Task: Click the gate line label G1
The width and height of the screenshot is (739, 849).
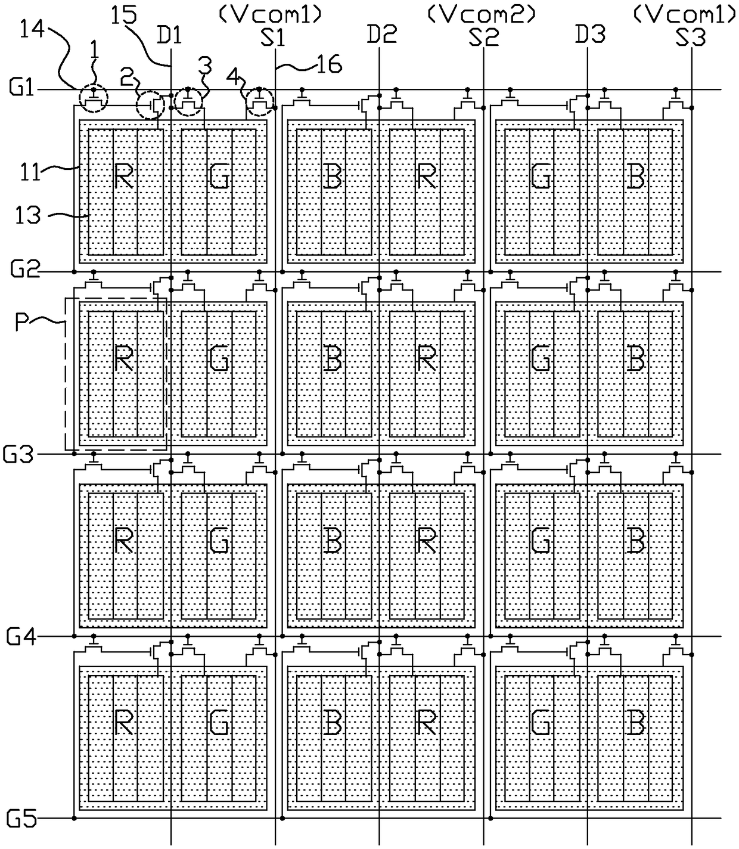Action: click(x=21, y=89)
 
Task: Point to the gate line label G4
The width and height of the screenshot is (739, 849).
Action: click(x=22, y=637)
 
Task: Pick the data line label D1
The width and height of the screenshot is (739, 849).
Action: click(x=169, y=36)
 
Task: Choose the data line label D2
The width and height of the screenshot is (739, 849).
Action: click(x=381, y=35)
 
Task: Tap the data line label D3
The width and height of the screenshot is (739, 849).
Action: click(x=590, y=35)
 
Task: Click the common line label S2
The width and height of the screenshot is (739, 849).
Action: click(x=483, y=38)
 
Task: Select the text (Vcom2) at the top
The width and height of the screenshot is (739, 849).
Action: click(x=482, y=14)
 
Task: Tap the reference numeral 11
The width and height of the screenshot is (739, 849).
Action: click(x=29, y=172)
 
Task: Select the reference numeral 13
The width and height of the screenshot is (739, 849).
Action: click(x=27, y=214)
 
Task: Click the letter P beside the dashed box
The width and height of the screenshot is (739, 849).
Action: click(x=23, y=324)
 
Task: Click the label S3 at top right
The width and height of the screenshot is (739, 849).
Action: click(x=691, y=38)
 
